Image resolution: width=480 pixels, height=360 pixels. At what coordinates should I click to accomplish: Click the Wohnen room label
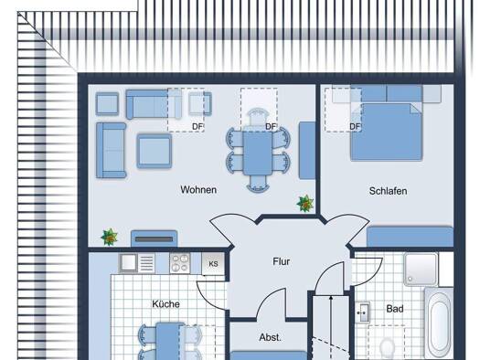[x=198, y=190]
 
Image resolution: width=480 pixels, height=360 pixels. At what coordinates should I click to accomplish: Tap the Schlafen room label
[x=388, y=191]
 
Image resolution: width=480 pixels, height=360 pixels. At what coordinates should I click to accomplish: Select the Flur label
[x=281, y=261]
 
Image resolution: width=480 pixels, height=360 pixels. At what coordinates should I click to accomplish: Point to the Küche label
[x=165, y=304]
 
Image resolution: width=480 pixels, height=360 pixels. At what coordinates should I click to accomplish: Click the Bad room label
[x=395, y=309]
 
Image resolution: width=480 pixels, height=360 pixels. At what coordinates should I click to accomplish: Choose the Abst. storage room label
[x=270, y=337]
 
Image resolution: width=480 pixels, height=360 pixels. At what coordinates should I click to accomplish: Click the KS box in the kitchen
[x=213, y=263]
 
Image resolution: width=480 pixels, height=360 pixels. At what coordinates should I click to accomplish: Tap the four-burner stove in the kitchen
[x=180, y=263]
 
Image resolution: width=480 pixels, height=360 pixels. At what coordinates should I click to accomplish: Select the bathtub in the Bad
[x=439, y=323]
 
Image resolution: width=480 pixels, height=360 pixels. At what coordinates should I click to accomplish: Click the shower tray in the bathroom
[x=421, y=270]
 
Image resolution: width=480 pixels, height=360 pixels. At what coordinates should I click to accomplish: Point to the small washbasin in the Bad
[x=363, y=312]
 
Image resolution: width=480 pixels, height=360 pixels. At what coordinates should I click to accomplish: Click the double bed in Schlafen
[x=387, y=132]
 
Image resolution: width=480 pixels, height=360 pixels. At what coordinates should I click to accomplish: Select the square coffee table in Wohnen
[x=154, y=151]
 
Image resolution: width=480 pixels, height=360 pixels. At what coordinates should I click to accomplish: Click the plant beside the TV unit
[x=110, y=237]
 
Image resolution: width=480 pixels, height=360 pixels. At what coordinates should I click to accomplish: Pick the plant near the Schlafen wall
[x=305, y=204]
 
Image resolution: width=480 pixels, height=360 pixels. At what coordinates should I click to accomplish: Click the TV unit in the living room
[x=154, y=238]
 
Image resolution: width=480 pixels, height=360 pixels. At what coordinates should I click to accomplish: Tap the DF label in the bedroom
[x=355, y=126]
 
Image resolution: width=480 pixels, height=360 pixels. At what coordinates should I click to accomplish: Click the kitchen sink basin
[x=127, y=262]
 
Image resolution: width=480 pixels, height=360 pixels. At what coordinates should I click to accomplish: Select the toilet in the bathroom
[x=388, y=349]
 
